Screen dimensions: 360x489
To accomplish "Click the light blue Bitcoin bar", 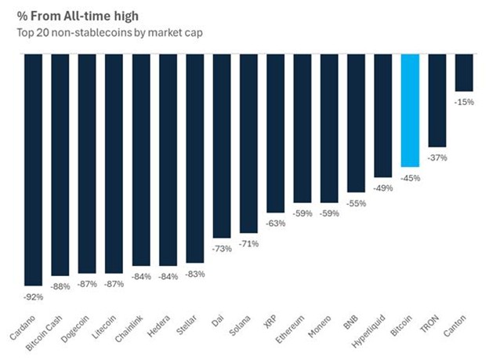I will [x=411, y=110].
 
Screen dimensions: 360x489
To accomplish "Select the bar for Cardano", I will [x=33, y=169].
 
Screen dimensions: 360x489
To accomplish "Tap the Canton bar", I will [x=464, y=72].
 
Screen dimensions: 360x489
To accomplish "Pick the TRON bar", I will [x=437, y=100].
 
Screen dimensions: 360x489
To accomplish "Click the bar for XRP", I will [x=275, y=133].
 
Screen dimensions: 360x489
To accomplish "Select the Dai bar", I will [x=222, y=145].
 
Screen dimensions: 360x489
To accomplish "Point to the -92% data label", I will [x=33, y=297].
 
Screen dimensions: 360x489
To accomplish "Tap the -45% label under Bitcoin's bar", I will [x=411, y=178].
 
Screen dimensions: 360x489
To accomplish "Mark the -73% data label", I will [x=222, y=249].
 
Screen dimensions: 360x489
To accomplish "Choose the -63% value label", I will [x=275, y=224].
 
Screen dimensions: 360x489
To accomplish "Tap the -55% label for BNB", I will [x=357, y=203].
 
